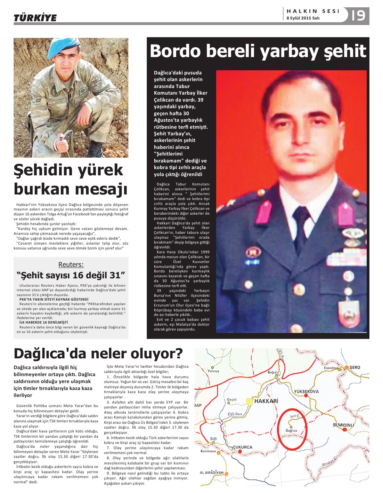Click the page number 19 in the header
(x=358, y=15)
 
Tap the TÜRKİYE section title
(x=35, y=18)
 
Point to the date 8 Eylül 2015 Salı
(x=303, y=18)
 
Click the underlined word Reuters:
(x=71, y=264)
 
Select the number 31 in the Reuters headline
(x=115, y=276)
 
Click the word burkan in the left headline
(x=43, y=189)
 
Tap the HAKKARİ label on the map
(x=266, y=401)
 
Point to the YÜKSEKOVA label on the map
(x=306, y=391)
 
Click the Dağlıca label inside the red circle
(x=291, y=431)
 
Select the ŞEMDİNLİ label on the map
(x=343, y=425)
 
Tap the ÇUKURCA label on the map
(x=242, y=447)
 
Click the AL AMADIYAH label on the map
(x=212, y=473)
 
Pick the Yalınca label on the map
(x=213, y=371)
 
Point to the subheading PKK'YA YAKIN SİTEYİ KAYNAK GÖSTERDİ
(x=54, y=299)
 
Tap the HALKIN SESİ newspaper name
(x=313, y=11)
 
